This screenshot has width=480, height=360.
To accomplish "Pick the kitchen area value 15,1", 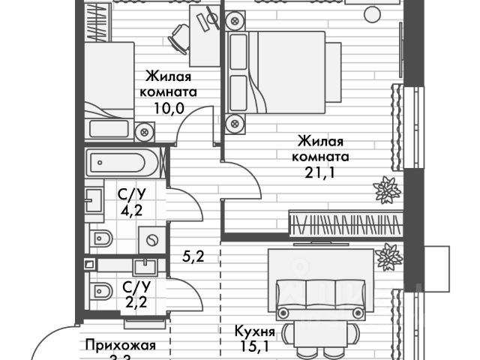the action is pos(256,346).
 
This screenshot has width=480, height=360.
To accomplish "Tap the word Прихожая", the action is pos(120,345).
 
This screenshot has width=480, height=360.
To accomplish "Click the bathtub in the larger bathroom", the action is pos(122,163).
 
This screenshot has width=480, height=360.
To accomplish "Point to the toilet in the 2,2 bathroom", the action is pos(100,291).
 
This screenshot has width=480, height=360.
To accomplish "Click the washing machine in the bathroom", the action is pos(153,240).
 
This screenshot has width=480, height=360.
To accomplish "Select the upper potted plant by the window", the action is pos(388,190).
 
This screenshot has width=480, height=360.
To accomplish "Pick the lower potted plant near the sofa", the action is pos(388,257).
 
